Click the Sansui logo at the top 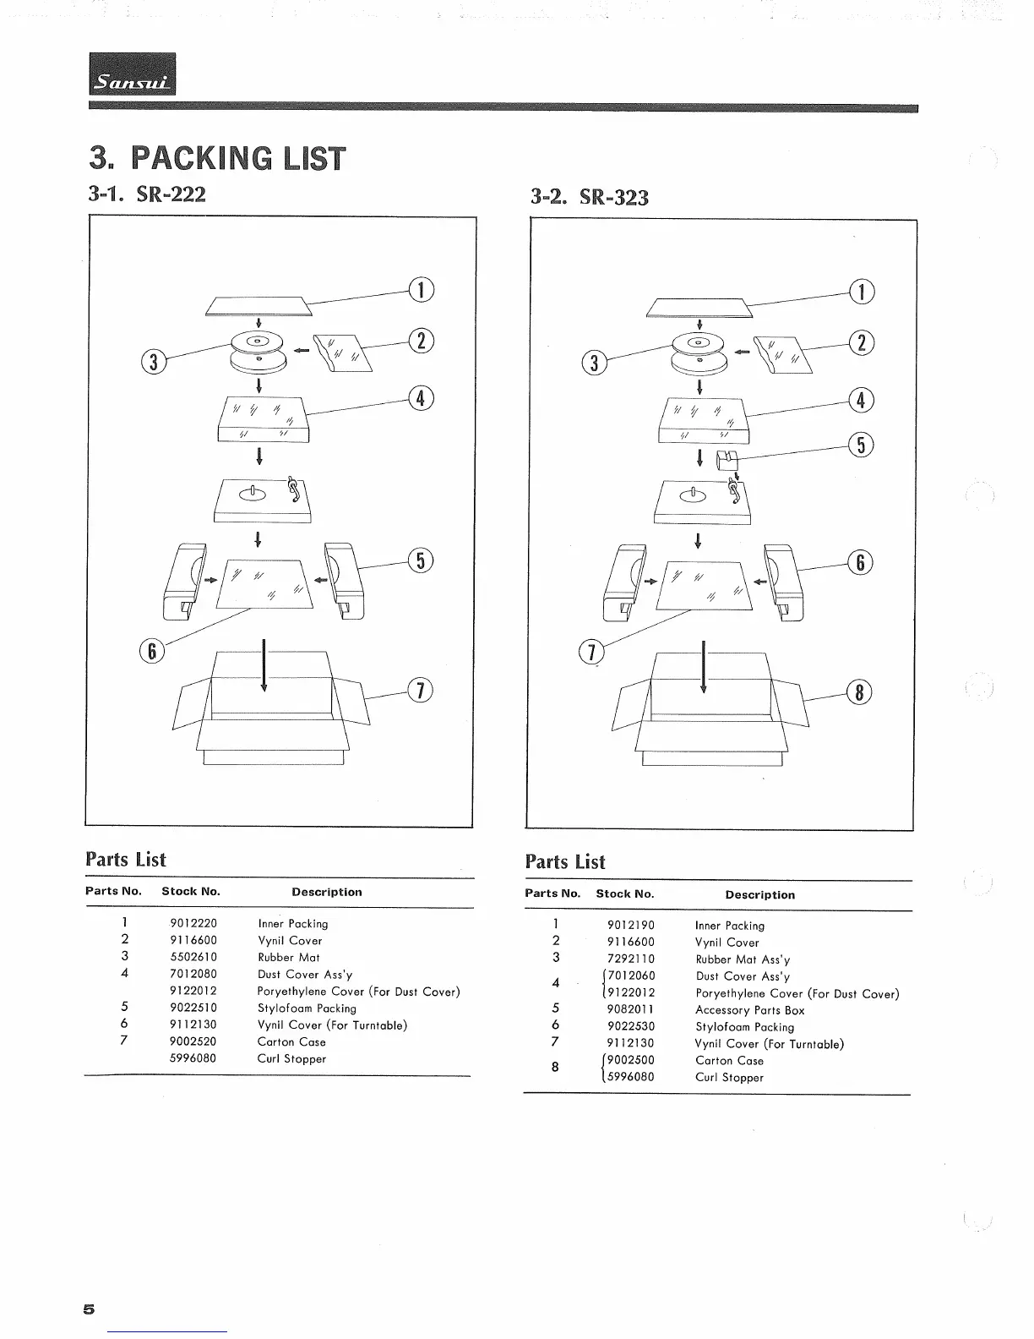point(133,74)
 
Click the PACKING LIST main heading point(218,158)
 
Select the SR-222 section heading point(147,194)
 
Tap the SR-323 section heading point(590,197)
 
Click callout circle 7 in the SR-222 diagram point(421,690)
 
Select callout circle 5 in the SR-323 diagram point(861,445)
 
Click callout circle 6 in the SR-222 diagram point(152,650)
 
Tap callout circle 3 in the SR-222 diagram point(153,362)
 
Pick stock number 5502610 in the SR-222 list point(193,957)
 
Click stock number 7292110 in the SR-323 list point(631,959)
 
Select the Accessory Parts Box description point(749,1010)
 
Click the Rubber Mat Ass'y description point(732,959)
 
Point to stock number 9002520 point(193,1041)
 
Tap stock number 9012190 point(631,926)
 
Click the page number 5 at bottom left point(89,1309)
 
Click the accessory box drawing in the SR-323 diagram point(727,460)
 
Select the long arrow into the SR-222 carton point(264,666)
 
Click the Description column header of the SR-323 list point(759,894)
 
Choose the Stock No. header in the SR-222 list point(191,891)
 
